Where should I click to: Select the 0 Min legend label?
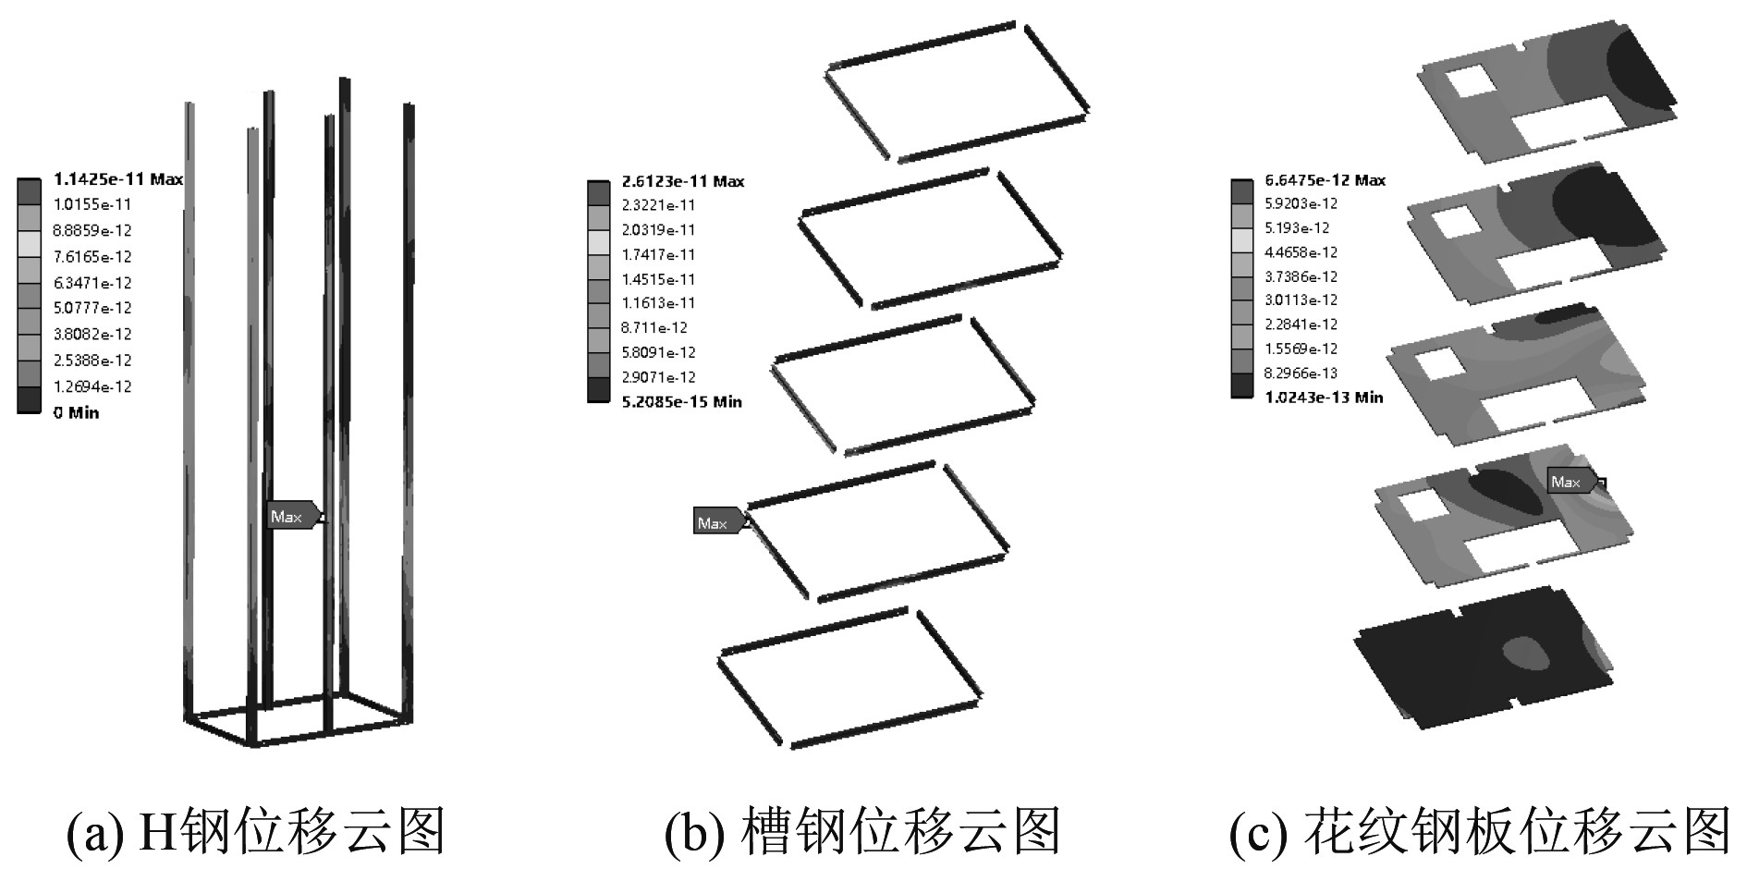pyautogui.click(x=76, y=412)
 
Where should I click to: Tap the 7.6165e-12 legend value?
pyautogui.click(x=92, y=256)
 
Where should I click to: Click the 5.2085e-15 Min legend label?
pyautogui.click(x=681, y=401)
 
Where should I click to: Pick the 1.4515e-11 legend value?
pyautogui.click(x=658, y=279)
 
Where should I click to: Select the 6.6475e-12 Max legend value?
pyautogui.click(x=1325, y=180)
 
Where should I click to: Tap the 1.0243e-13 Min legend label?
pyautogui.click(x=1324, y=397)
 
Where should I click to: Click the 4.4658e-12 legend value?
pyautogui.click(x=1301, y=252)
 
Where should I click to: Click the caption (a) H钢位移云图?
pyautogui.click(x=256, y=831)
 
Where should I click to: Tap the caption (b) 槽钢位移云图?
pyautogui.click(x=862, y=831)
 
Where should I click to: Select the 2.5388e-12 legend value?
pyautogui.click(x=92, y=360)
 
